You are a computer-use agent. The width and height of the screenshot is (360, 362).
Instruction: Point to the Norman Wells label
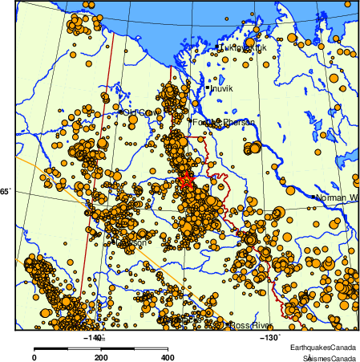coord(336,197)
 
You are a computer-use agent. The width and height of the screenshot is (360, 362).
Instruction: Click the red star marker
coord(186,181)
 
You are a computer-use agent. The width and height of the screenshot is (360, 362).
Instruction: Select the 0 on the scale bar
coord(34,358)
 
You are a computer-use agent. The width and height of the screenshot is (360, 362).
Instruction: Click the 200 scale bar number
coord(101,358)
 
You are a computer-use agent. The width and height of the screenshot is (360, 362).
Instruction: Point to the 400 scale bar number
coord(168,358)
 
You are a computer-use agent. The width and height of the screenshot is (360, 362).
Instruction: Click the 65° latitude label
coord(5,191)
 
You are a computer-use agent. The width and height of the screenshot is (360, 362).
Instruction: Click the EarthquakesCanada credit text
coord(324,346)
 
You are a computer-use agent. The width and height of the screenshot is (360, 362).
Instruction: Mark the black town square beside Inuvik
coord(208,87)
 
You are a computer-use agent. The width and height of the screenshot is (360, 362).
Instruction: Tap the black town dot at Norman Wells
coord(313,196)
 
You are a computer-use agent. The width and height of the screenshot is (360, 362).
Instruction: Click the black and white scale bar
coord(101,348)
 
